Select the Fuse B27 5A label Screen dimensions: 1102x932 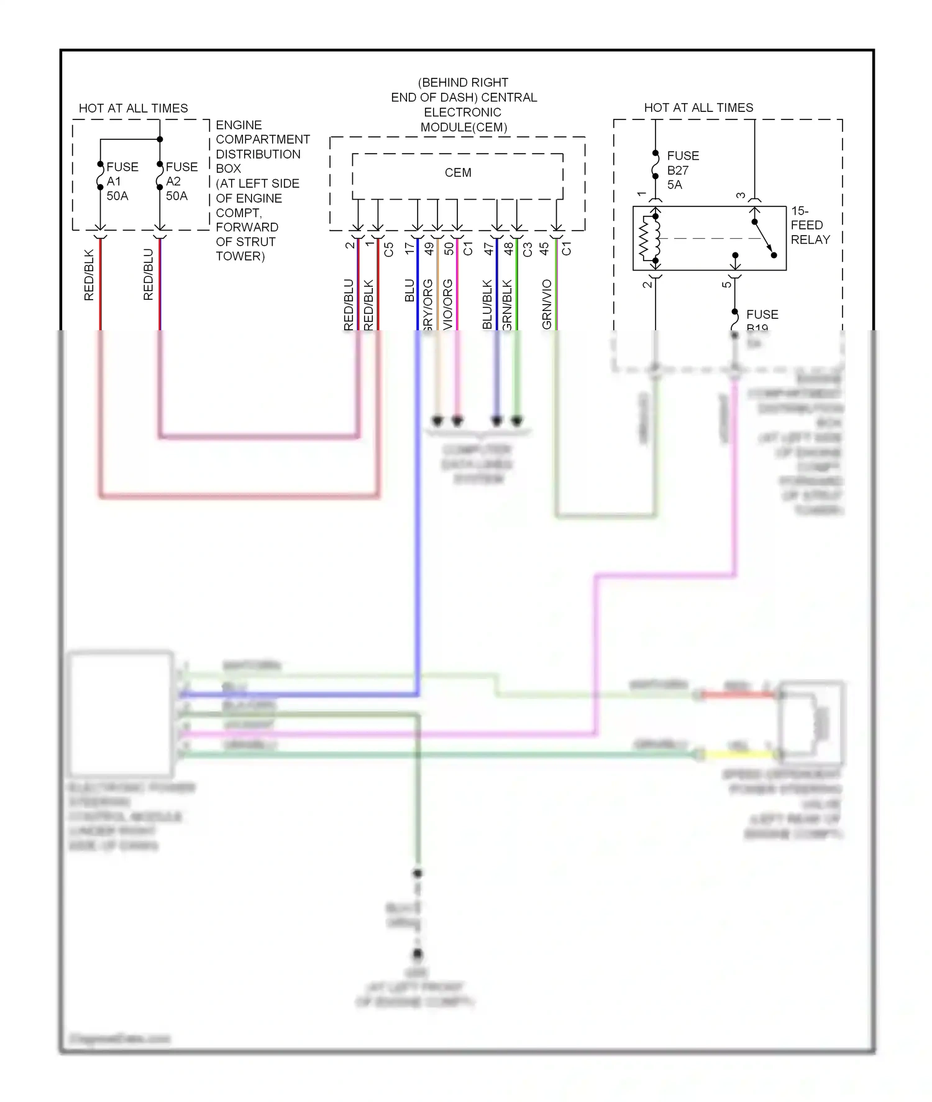(x=682, y=170)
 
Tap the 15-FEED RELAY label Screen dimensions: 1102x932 (x=810, y=225)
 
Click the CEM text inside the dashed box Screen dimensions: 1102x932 (x=458, y=173)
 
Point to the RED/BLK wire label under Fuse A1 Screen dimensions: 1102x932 (x=89, y=275)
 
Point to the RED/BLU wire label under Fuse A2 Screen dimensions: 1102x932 (x=148, y=275)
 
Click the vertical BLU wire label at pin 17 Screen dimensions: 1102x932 (x=409, y=290)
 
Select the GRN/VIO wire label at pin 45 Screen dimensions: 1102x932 (x=547, y=304)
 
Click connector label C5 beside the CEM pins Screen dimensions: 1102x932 (x=389, y=249)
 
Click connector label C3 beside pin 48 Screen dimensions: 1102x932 (x=528, y=249)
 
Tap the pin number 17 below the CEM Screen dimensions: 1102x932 (x=409, y=248)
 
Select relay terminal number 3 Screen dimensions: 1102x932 (x=741, y=195)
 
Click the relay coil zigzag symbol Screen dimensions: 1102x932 (x=651, y=238)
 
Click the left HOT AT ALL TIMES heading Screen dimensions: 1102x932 (x=133, y=108)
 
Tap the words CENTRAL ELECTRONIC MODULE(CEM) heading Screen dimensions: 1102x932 (x=464, y=113)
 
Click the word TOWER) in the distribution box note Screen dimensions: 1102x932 (x=240, y=256)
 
